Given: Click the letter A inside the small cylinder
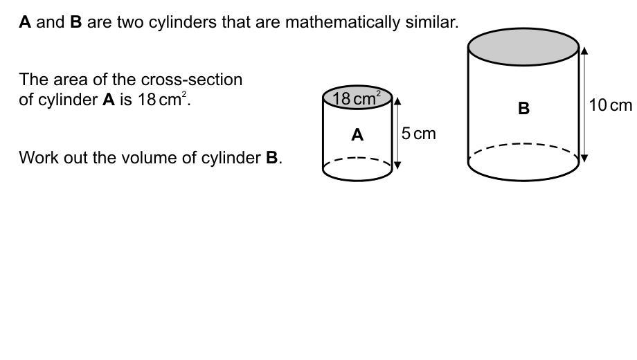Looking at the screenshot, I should [357, 135].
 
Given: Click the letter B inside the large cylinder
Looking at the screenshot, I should [523, 108].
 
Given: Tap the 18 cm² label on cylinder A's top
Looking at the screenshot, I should [357, 98].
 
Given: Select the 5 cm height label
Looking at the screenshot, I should [419, 133].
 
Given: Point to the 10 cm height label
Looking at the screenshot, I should [610, 105].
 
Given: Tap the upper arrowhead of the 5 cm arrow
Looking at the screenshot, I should [397, 101].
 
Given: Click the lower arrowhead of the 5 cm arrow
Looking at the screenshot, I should [397, 165].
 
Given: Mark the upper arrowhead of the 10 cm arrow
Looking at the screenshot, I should [584, 50].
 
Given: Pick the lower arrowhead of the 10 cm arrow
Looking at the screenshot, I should [584, 159].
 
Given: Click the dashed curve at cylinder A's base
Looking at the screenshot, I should [357, 159].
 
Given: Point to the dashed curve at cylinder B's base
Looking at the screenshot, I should [523, 145].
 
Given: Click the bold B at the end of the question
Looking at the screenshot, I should [272, 158].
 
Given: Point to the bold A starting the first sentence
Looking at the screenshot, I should [25, 22].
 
